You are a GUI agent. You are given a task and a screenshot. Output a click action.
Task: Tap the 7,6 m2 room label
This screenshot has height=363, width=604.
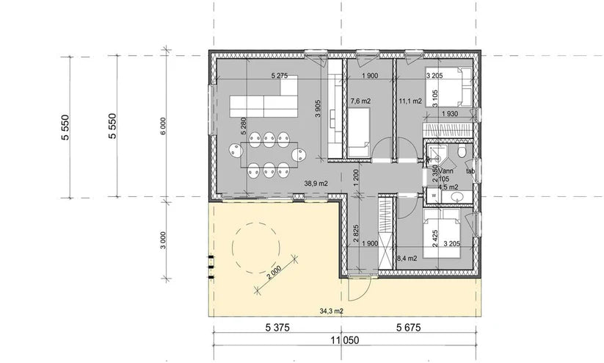[x=360, y=101]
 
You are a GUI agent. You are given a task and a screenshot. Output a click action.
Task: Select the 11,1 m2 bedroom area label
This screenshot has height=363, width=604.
[x=410, y=101]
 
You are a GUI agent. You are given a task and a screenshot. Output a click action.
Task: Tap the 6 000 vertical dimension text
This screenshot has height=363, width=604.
[x=164, y=126]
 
